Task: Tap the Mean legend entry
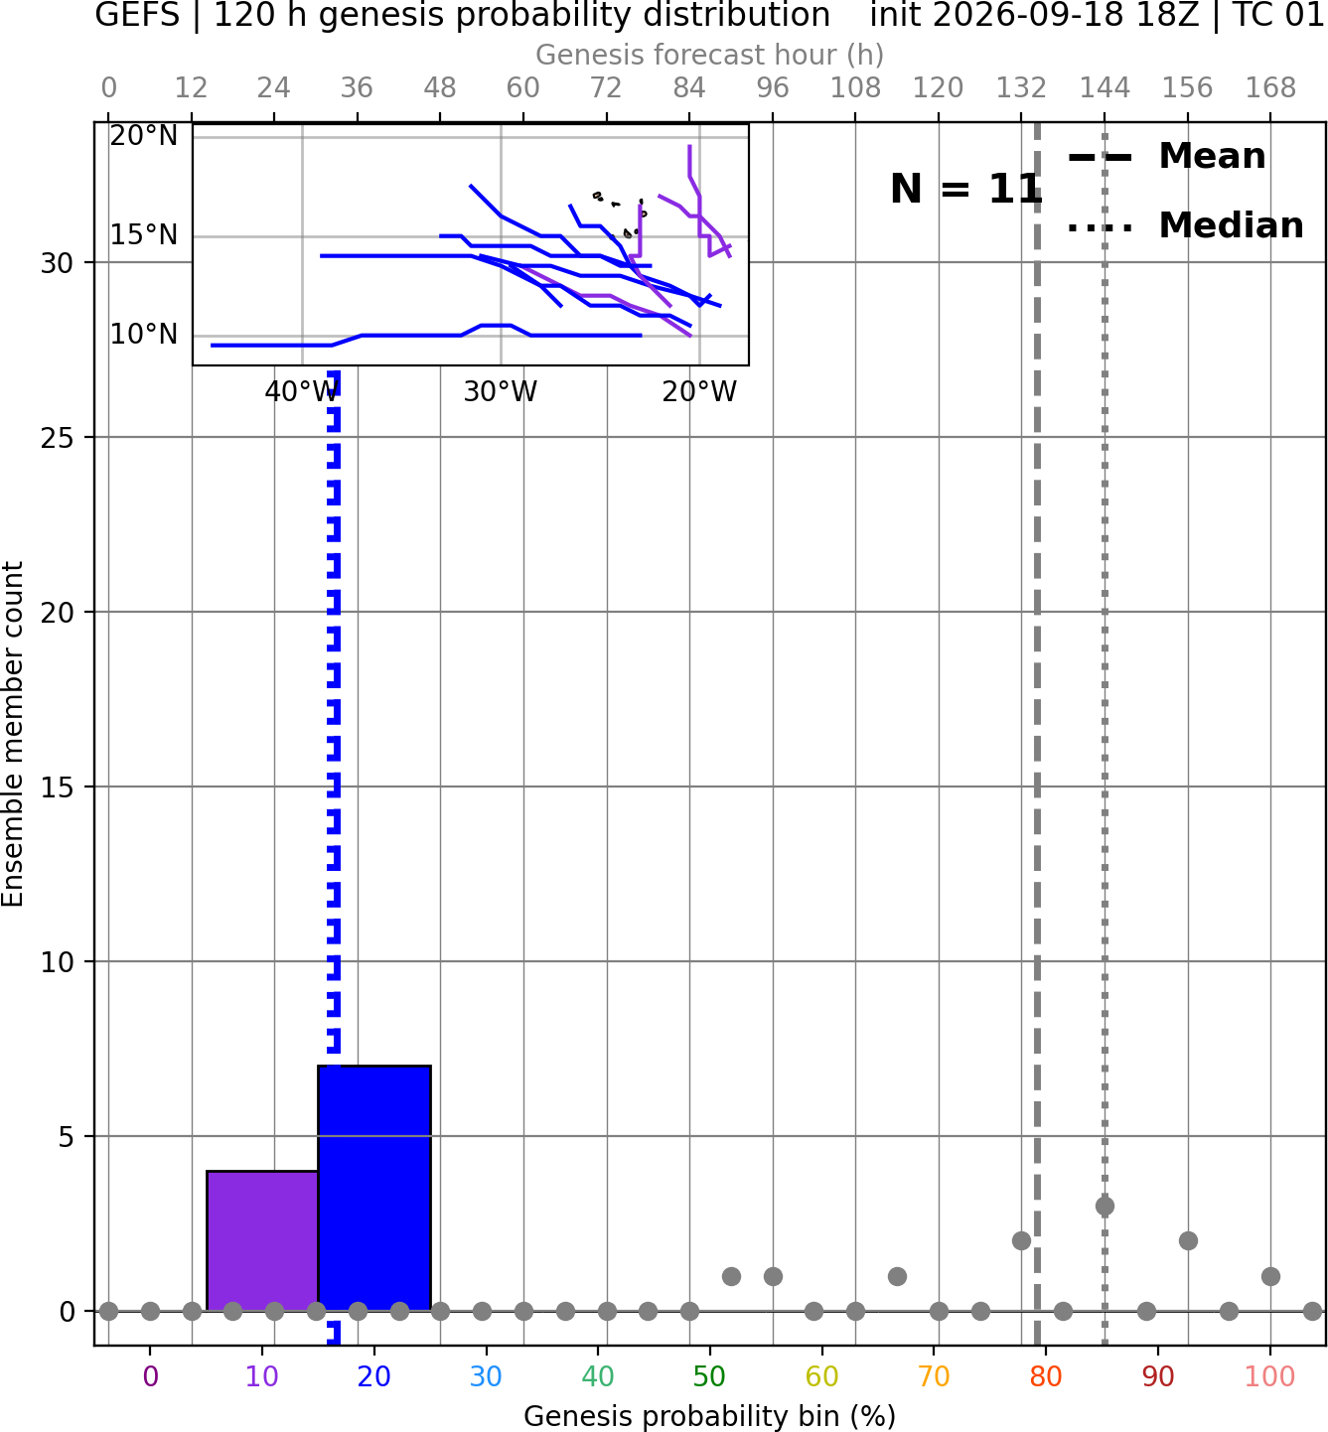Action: [1166, 157]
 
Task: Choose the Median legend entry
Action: [1185, 225]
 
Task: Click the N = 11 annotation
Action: [965, 189]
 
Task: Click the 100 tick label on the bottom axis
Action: [1269, 1376]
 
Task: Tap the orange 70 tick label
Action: [934, 1376]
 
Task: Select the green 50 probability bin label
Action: [710, 1376]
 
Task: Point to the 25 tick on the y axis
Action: [57, 438]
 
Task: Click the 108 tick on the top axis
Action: [855, 88]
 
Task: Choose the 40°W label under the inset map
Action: [302, 391]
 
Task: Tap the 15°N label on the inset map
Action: [144, 235]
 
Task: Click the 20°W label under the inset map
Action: [699, 391]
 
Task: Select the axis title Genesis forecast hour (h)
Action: [710, 55]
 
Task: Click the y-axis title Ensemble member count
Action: [13, 734]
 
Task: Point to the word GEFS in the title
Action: [137, 15]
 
